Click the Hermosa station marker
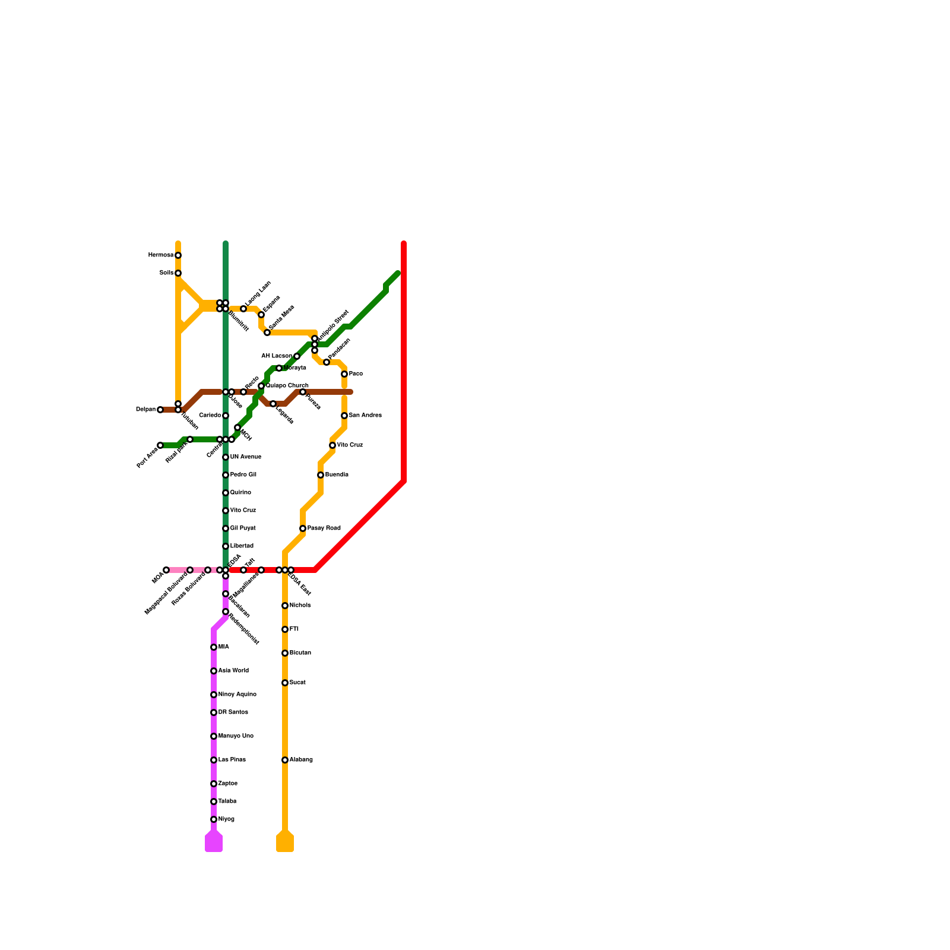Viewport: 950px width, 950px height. (178, 255)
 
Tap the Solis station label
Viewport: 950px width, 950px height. (166, 273)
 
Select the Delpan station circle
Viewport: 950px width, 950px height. (160, 410)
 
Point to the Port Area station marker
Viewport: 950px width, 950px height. (160, 445)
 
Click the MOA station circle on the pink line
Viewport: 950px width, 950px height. (166, 570)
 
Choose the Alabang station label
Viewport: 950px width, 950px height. (301, 760)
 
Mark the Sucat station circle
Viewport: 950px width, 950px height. (285, 683)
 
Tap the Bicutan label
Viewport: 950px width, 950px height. (300, 653)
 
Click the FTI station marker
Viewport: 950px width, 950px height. (285, 629)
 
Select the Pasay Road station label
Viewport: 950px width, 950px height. (324, 528)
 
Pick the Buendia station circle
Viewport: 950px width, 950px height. (321, 475)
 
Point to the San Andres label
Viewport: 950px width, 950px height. (365, 416)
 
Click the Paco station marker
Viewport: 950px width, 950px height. (344, 374)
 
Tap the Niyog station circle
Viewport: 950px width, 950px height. (214, 819)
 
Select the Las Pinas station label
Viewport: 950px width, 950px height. (232, 760)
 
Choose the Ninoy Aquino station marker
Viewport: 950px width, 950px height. (214, 695)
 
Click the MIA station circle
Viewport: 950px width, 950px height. (214, 647)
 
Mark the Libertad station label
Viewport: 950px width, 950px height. (242, 546)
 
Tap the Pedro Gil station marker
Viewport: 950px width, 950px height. (226, 475)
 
